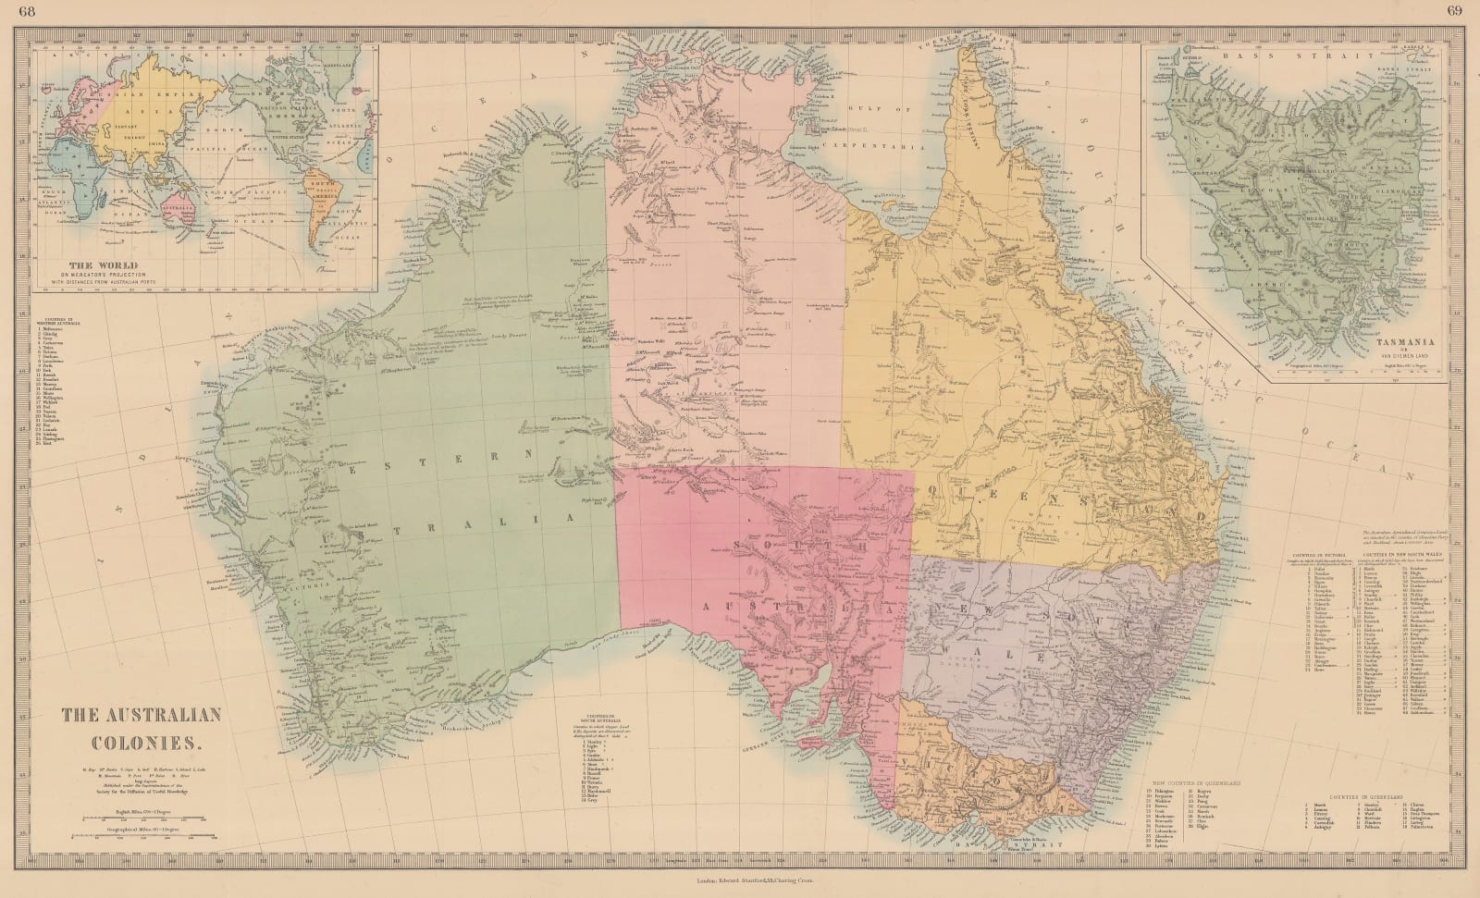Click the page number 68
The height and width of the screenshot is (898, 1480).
(x=13, y=11)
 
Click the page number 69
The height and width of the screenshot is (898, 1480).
(x=1466, y=11)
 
